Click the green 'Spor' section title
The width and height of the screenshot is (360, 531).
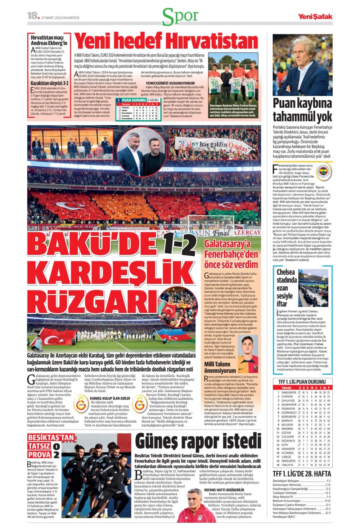pyautogui.click(x=180, y=17)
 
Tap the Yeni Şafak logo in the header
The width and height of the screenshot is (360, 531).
pyautogui.click(x=315, y=17)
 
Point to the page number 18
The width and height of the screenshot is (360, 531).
pyautogui.click(x=32, y=15)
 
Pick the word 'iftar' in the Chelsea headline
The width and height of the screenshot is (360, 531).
pyautogui.click(x=284, y=303)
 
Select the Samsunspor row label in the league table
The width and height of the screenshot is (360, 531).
pyautogui.click(x=289, y=392)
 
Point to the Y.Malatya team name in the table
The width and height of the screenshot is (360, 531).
pyautogui.click(x=288, y=465)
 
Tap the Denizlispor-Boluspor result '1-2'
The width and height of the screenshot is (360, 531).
pyautogui.click(x=328, y=481)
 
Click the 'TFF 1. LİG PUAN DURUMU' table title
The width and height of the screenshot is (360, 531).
pyautogui.click(x=302, y=382)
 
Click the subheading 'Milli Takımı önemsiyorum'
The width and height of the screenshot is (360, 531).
pyautogui.click(x=220, y=367)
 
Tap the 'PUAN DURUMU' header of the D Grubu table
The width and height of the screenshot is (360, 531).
pyautogui.click(x=134, y=100)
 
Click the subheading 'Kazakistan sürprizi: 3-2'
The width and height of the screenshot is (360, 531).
pyautogui.click(x=49, y=83)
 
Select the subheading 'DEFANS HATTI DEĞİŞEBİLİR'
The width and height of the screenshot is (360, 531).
pyautogui.click(x=224, y=490)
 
